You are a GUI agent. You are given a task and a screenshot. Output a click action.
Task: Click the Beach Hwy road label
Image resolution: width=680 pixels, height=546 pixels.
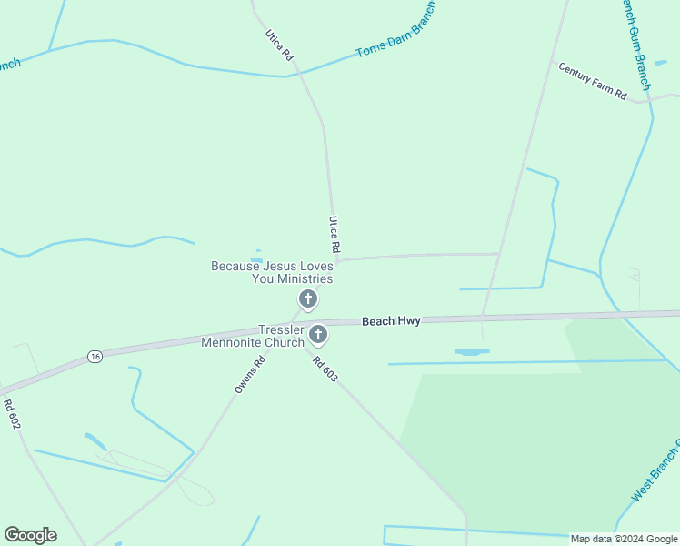coord(391,321)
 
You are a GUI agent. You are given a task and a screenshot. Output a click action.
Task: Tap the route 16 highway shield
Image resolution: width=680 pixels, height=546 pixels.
coord(95,357)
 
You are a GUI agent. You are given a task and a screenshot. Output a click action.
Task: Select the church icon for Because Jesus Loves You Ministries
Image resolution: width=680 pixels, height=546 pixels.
coord(308,298)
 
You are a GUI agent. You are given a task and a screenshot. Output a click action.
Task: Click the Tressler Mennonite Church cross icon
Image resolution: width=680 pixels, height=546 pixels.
coord(318,335)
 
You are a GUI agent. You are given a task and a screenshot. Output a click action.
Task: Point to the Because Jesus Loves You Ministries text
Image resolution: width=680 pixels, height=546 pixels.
coord(272,272)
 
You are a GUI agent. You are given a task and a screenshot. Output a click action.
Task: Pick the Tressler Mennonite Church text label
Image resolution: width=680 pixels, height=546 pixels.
coord(254,336)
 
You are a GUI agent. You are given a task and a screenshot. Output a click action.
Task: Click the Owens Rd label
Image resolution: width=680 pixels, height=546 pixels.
coord(249,374)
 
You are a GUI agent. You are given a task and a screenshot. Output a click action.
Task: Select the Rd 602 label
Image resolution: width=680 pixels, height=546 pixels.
coord(11,414)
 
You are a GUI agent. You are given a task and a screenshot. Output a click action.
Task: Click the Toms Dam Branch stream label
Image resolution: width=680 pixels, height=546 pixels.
coord(396,30)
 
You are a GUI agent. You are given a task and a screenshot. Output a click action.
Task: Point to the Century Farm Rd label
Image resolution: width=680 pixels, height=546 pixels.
coord(593,81)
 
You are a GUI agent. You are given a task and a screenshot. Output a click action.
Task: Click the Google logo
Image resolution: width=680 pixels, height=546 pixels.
coord(30,535)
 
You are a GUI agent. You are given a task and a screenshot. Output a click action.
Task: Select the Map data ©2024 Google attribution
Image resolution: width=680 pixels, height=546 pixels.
coord(624,539)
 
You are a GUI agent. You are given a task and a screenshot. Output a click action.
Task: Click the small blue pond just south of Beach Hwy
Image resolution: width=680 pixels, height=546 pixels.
coord(471,351)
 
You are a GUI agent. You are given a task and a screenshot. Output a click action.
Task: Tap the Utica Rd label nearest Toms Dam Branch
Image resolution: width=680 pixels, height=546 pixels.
coord(279,45)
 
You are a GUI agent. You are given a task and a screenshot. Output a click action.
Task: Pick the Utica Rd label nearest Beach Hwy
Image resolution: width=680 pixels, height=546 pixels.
coord(334,234)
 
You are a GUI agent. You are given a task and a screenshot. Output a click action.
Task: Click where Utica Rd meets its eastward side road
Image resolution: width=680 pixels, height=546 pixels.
coord(337,261)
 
